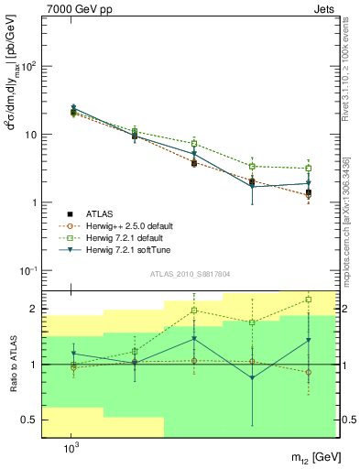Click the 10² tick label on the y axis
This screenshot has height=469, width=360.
coord(27,67)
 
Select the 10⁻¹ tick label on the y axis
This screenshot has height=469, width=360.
coord(27,271)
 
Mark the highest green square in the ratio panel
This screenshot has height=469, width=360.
coord(309,299)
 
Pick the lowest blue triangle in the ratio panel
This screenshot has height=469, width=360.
coord(252,377)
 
